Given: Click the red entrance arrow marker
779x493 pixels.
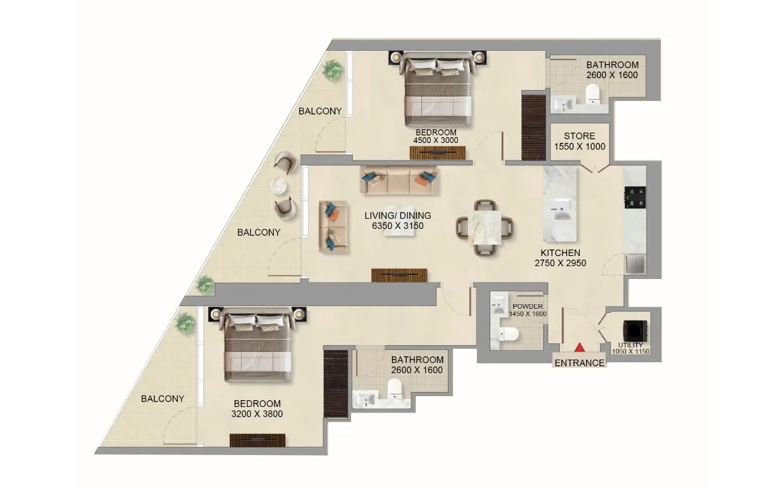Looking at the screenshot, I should pyautogui.click(x=580, y=347).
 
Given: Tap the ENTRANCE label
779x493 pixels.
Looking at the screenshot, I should pyautogui.click(x=580, y=363).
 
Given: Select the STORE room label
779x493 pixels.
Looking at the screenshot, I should pyautogui.click(x=580, y=136).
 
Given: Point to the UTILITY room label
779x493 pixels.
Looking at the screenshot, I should pyautogui.click(x=630, y=345).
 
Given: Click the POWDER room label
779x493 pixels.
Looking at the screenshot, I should pyautogui.click(x=527, y=306).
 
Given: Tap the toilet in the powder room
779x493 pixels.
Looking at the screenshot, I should pyautogui.click(x=509, y=334).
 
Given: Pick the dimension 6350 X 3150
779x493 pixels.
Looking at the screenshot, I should pyautogui.click(x=398, y=226).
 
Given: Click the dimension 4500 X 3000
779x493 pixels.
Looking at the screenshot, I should pyautogui.click(x=435, y=141).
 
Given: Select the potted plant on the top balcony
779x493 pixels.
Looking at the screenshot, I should pyautogui.click(x=333, y=69).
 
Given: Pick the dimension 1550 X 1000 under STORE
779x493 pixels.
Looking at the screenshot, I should pyautogui.click(x=580, y=147).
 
